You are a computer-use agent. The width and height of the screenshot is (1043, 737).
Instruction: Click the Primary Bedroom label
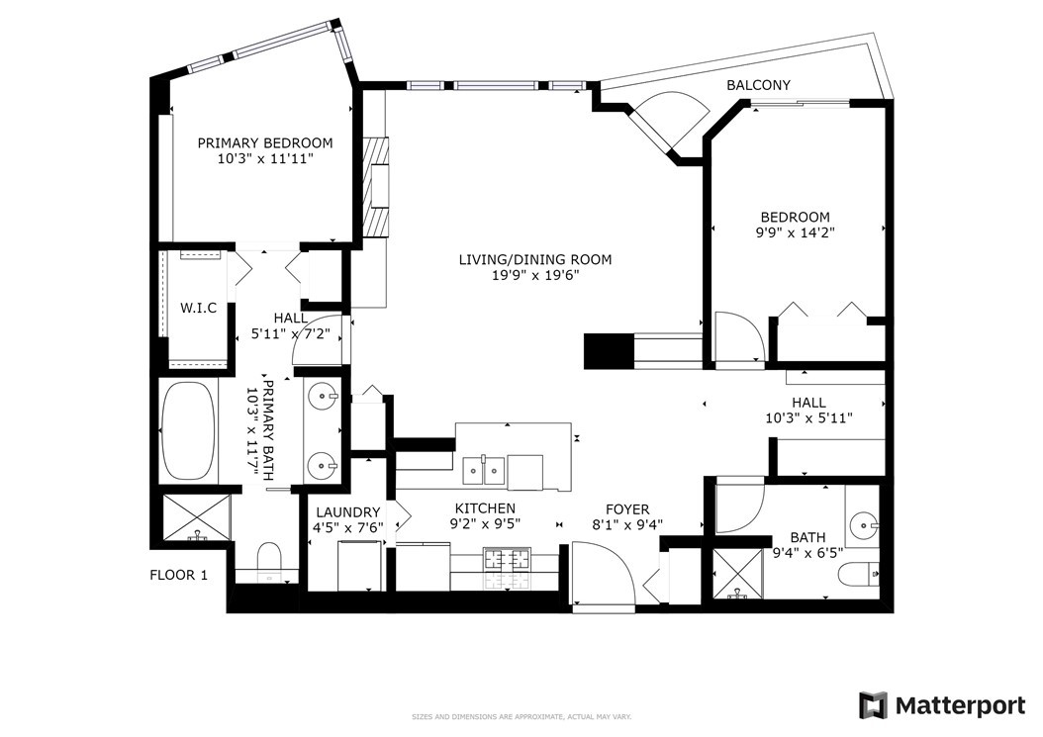(x=265, y=143)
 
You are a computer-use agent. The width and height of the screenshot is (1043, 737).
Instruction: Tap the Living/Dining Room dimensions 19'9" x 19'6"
(x=535, y=275)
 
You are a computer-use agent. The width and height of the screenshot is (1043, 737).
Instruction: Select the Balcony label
(x=758, y=85)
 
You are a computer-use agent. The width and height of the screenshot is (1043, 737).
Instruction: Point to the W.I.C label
(x=198, y=308)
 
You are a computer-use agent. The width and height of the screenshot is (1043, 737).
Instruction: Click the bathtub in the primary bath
(x=188, y=430)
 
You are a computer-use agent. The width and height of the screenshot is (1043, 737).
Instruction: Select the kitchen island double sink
(x=484, y=472)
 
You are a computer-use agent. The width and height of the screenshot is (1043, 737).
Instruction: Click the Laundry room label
(x=348, y=512)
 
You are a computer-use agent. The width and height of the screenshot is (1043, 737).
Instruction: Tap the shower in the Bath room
(x=736, y=574)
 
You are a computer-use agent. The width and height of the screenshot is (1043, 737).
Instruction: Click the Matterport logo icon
(x=873, y=705)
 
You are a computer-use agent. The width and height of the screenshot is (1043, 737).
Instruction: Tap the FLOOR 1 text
(x=178, y=576)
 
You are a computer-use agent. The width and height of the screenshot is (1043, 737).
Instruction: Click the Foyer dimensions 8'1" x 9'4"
(x=627, y=524)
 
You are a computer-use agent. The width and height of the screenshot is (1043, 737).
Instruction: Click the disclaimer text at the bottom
(x=521, y=717)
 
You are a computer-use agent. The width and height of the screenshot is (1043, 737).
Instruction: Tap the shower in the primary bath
(x=196, y=516)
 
